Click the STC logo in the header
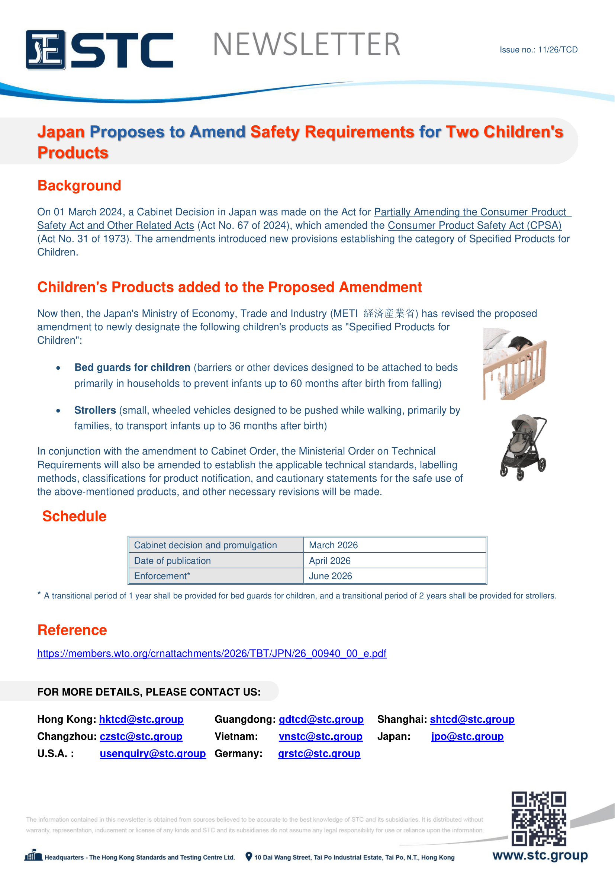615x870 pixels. point(99,49)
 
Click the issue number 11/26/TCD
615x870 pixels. point(538,49)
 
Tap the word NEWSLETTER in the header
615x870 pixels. point(306,44)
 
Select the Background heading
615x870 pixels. point(79,186)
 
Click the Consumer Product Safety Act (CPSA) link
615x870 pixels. point(474,225)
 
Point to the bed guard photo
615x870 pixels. point(515,364)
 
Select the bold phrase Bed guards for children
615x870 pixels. point(132,367)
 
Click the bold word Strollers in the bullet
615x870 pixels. point(95,410)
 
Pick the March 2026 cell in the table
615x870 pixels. point(333,545)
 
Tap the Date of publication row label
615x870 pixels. point(172,561)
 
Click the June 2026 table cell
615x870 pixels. point(330,576)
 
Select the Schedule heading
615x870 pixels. point(74,516)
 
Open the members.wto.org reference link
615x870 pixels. point(211,653)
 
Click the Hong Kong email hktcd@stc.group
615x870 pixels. point(141,719)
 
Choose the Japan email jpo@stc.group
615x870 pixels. point(467,736)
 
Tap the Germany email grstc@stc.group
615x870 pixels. point(319,753)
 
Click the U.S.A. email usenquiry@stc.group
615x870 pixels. point(152,753)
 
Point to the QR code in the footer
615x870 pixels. point(538,818)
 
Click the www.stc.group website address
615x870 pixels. point(540,855)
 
